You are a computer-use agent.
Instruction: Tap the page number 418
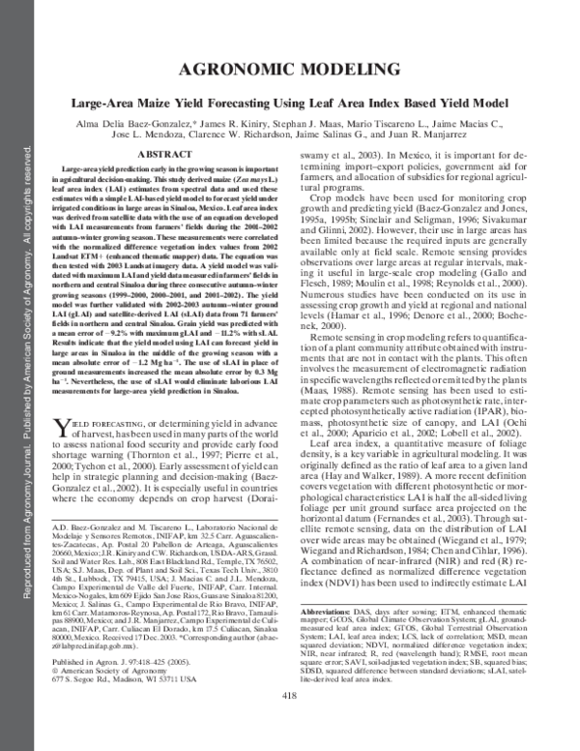pyautogui.click(x=290, y=724)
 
